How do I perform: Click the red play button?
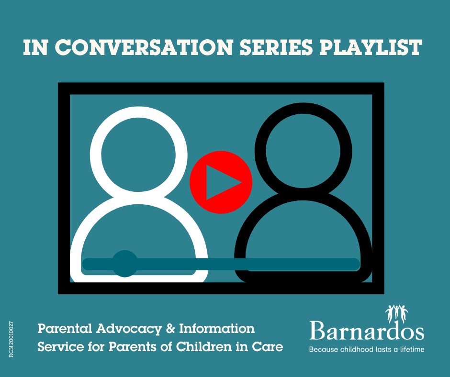(221, 182)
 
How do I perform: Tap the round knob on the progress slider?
(125, 264)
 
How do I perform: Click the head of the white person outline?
(139, 152)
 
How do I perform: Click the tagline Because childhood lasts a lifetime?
(367, 349)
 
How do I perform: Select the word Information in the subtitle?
(217, 329)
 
